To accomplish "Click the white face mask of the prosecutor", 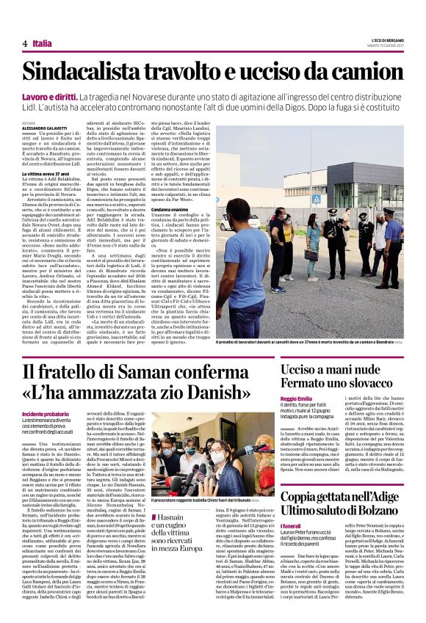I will [196, 456].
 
